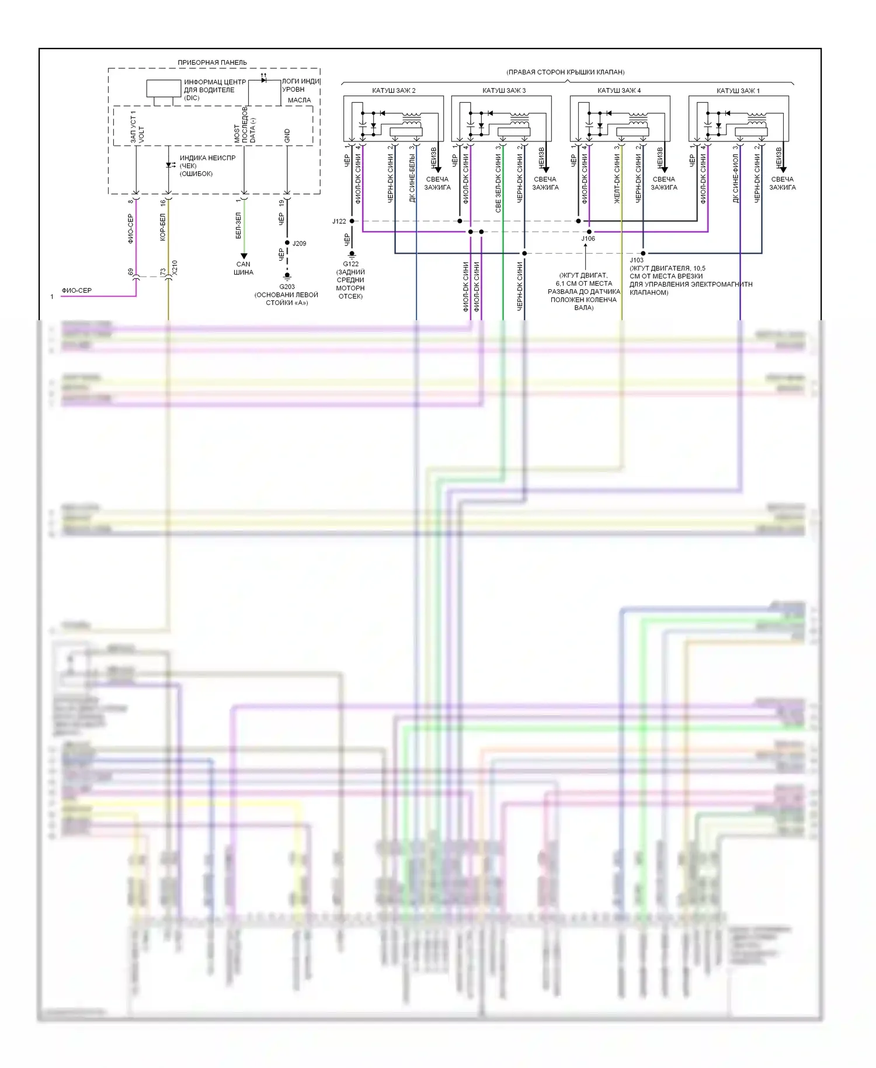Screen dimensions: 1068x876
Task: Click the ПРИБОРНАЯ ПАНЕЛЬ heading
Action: pyautogui.click(x=212, y=63)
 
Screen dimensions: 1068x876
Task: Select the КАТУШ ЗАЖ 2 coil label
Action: pyautogui.click(x=394, y=91)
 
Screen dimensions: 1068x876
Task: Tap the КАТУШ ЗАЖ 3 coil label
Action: pyautogui.click(x=503, y=91)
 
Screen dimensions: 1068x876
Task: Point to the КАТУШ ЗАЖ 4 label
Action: pyautogui.click(x=618, y=91)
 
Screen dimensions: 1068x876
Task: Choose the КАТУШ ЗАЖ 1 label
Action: pyautogui.click(x=738, y=91)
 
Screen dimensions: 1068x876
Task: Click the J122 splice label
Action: pyautogui.click(x=339, y=221)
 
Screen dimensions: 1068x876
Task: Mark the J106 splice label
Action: pyautogui.click(x=588, y=238)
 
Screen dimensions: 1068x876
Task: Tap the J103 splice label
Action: pyautogui.click(x=637, y=260)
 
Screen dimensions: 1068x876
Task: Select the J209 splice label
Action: pyautogui.click(x=299, y=244)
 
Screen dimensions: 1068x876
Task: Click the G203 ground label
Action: pyautogui.click(x=287, y=287)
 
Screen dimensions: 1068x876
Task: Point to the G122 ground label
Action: pyautogui.click(x=350, y=264)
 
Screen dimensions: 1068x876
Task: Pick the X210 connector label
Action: pyautogui.click(x=175, y=268)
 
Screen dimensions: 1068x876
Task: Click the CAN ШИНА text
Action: pyautogui.click(x=244, y=268)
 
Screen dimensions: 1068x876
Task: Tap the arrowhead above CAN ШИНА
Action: pyautogui.click(x=244, y=256)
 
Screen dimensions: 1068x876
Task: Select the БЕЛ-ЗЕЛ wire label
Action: pyautogui.click(x=238, y=226)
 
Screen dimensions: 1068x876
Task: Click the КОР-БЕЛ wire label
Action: pyautogui.click(x=163, y=227)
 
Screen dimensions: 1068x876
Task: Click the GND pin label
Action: pyautogui.click(x=287, y=136)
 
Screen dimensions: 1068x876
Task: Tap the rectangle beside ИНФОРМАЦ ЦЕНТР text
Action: pyautogui.click(x=164, y=88)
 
